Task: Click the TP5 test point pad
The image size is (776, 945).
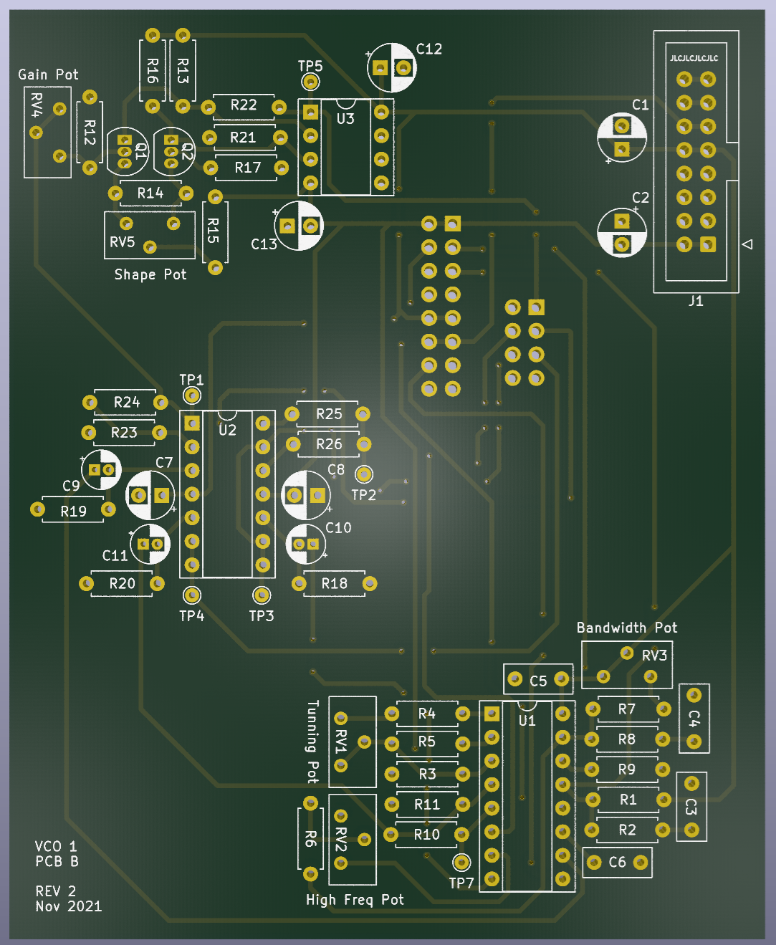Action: [x=310, y=82]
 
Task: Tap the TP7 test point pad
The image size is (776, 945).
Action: [x=461, y=862]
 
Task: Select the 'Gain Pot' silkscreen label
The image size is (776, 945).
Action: [x=48, y=75]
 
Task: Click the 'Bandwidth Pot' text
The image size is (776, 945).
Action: [x=627, y=628]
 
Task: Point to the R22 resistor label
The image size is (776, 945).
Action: [x=244, y=105]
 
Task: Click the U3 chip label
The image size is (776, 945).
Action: [x=345, y=119]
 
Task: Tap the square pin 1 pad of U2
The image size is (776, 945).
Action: [x=192, y=423]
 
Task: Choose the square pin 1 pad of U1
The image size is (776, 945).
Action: [x=492, y=714]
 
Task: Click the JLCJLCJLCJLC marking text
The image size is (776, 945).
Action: [x=694, y=58]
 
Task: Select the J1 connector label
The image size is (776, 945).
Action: [x=696, y=301]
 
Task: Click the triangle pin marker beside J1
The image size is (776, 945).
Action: [x=747, y=244]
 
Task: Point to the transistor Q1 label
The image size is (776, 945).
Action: [x=140, y=151]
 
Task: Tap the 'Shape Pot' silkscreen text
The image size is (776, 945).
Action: [x=150, y=274]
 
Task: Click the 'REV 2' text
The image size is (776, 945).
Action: [x=56, y=891]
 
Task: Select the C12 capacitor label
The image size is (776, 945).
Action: [x=429, y=49]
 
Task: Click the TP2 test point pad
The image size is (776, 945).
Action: [x=364, y=474]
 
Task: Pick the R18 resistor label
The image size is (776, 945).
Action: [x=334, y=583]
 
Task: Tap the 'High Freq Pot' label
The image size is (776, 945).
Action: [x=355, y=900]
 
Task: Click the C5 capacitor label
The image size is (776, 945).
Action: [x=538, y=681]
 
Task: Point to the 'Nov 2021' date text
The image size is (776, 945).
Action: [x=69, y=906]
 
